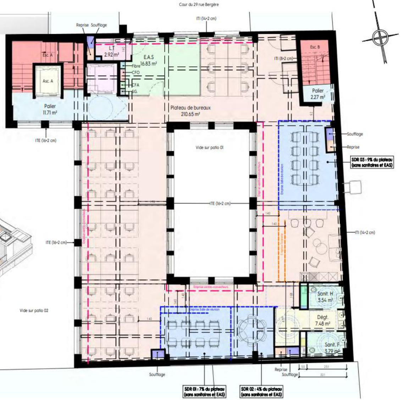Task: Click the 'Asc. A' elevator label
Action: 48,81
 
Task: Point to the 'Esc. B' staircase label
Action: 315,47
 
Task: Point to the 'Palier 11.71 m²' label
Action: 50,109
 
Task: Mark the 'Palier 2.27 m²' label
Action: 318,94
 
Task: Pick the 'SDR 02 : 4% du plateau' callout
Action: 262,391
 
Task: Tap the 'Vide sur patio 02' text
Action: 34,310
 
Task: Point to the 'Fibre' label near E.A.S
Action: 136,66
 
